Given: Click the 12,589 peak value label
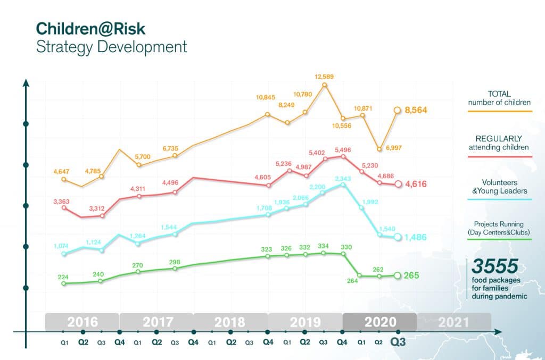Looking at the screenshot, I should [325, 77].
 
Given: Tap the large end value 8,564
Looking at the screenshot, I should [416, 110].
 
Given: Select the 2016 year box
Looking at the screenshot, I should [82, 322].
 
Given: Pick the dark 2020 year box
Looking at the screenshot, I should [379, 322].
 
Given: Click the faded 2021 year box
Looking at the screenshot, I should [453, 322].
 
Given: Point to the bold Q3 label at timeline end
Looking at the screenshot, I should [397, 343].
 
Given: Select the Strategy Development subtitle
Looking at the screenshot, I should [111, 47].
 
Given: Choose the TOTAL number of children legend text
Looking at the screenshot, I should [499, 98].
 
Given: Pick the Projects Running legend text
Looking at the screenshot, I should [499, 229].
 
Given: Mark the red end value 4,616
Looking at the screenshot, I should [416, 185].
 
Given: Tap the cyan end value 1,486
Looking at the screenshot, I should [416, 237].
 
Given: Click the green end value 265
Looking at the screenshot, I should [411, 275].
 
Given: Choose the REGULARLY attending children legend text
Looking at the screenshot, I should [499, 143].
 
